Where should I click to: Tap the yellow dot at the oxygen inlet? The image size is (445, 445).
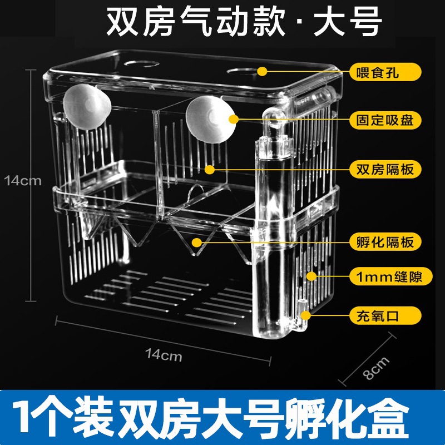(305, 316)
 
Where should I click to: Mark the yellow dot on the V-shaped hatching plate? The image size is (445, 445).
(196, 242)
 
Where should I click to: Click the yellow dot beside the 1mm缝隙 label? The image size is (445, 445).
(311, 276)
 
